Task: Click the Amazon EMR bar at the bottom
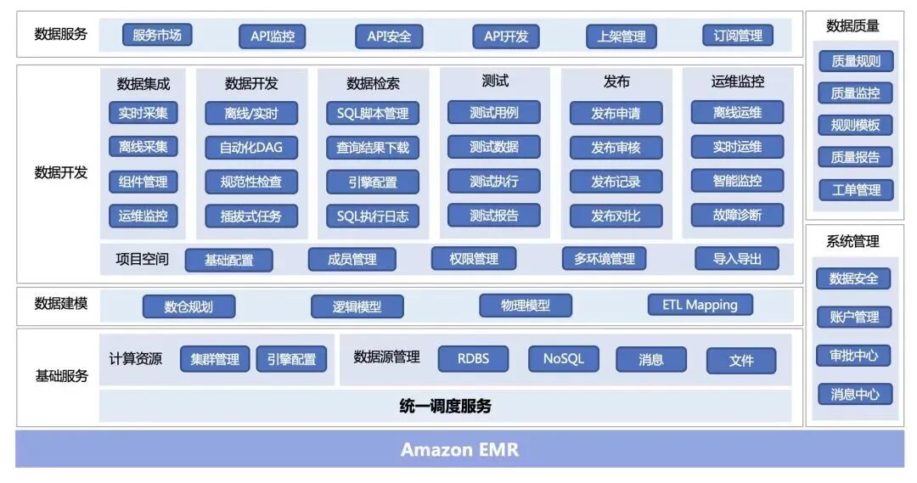pyautogui.click(x=459, y=449)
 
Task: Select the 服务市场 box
pyautogui.click(x=157, y=35)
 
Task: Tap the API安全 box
pyautogui.click(x=389, y=37)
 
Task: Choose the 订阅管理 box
pyautogui.click(x=738, y=36)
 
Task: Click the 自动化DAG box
pyautogui.click(x=251, y=147)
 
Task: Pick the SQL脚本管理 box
pyautogui.click(x=373, y=113)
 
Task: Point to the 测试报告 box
pyautogui.click(x=494, y=215)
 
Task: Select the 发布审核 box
pyautogui.click(x=616, y=147)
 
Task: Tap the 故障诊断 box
pyautogui.click(x=737, y=215)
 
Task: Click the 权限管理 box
pyautogui.click(x=474, y=259)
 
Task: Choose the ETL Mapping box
pyautogui.click(x=700, y=305)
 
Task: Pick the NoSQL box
pyautogui.click(x=563, y=358)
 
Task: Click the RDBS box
pyautogui.click(x=473, y=358)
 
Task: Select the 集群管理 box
pyautogui.click(x=215, y=359)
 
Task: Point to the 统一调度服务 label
pyautogui.click(x=445, y=406)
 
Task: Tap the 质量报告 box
pyautogui.click(x=855, y=157)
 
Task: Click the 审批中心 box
pyautogui.click(x=854, y=356)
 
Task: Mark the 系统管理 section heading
pyautogui.click(x=852, y=241)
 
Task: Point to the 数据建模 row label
pyautogui.click(x=60, y=303)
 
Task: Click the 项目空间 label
pyautogui.click(x=142, y=259)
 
